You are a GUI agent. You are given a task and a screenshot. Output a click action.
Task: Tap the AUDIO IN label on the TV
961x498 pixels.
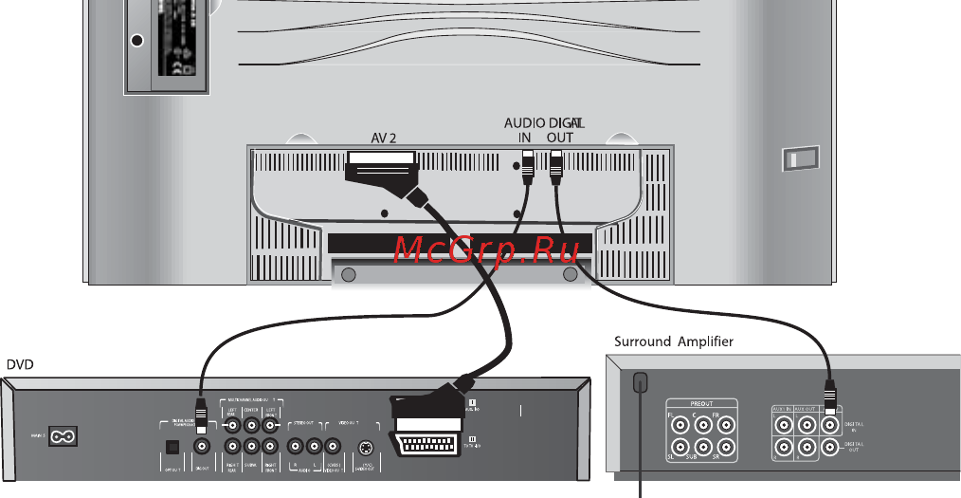tap(524, 129)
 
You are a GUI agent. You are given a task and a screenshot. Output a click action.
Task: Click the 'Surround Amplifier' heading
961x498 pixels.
tap(673, 341)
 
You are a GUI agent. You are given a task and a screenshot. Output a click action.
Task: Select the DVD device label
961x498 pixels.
tap(21, 363)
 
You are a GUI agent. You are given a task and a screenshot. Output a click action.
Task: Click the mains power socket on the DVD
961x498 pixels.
tap(63, 436)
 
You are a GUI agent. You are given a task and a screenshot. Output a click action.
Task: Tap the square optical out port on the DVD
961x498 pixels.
tap(172, 445)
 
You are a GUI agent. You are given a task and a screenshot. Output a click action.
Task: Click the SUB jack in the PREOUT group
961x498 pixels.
tap(702, 446)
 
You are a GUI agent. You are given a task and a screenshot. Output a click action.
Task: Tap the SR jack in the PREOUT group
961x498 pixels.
tap(725, 446)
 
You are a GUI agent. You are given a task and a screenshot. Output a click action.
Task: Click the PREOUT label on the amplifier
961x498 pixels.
tap(701, 402)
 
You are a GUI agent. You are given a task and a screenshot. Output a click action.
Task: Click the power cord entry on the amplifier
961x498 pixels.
tap(641, 382)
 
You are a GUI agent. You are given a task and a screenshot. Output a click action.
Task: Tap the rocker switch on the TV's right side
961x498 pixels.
tap(792, 159)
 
